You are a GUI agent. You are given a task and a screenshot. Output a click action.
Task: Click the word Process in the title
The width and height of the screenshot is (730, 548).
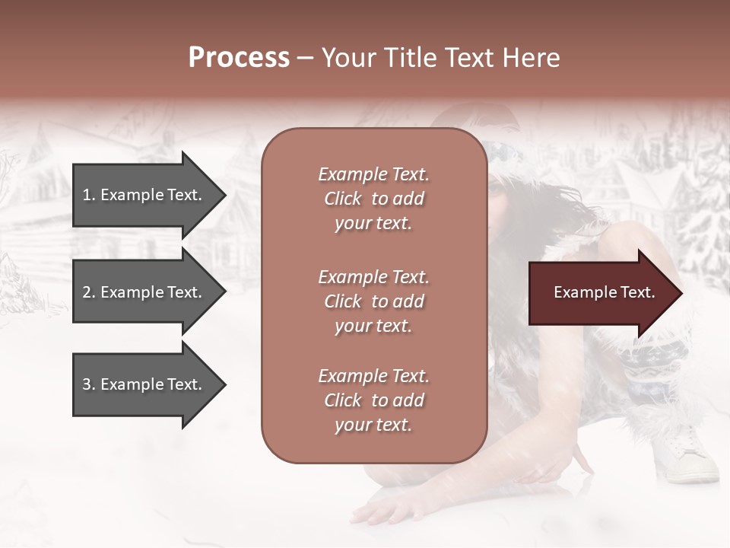pyautogui.click(x=239, y=58)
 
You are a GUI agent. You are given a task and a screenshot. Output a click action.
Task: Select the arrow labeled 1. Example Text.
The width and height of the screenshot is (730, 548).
pyautogui.click(x=144, y=195)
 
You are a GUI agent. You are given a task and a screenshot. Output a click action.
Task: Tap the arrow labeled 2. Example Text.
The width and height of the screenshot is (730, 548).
pyautogui.click(x=144, y=292)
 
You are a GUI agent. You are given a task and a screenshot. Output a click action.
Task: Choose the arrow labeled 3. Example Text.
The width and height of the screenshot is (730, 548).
pyautogui.click(x=144, y=384)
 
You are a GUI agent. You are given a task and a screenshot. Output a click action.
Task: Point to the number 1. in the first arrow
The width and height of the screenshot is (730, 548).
pyautogui.click(x=89, y=195)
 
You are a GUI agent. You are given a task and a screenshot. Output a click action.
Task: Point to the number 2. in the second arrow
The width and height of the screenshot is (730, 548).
pyautogui.click(x=89, y=292)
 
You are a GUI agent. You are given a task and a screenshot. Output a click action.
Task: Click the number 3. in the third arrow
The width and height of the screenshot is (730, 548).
pyautogui.click(x=89, y=384)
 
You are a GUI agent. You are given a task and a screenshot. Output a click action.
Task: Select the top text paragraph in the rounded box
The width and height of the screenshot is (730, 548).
pyautogui.click(x=373, y=199)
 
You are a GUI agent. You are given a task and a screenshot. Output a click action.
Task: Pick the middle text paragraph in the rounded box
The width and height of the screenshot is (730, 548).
pyautogui.click(x=373, y=301)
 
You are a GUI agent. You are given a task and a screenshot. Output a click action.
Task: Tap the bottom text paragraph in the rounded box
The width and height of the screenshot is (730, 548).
pyautogui.click(x=373, y=400)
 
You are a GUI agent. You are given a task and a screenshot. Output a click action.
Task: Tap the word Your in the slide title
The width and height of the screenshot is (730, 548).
pyautogui.click(x=347, y=58)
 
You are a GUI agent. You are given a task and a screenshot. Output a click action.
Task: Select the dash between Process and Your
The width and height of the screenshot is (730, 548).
pyautogui.click(x=305, y=58)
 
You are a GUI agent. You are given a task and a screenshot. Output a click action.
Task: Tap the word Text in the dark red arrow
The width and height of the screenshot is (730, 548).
pyautogui.click(x=637, y=293)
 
